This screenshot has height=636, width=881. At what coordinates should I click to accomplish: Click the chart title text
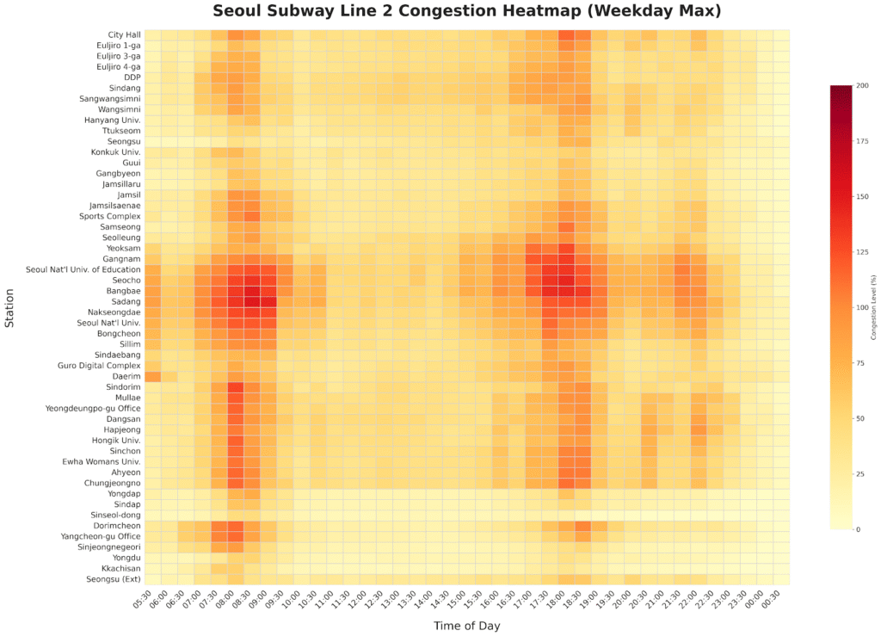click(x=466, y=12)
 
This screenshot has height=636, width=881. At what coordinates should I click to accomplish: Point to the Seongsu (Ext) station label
click(x=111, y=578)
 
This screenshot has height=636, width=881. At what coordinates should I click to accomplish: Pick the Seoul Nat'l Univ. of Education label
click(x=83, y=269)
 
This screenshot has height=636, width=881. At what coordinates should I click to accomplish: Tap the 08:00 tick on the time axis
click(x=233, y=600)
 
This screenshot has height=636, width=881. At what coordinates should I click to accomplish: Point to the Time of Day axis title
click(x=465, y=626)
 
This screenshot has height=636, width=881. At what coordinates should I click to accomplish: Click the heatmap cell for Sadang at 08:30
click(x=251, y=301)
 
